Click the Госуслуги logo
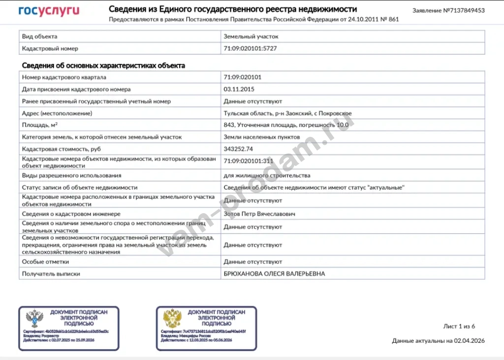49,11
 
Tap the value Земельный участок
251,36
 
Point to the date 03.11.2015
239,89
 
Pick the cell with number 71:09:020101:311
249,161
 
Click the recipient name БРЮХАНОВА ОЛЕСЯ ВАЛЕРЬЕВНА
274,274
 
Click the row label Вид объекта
40,36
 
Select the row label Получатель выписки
51,274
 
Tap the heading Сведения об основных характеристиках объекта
103,65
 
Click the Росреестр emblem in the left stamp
35,319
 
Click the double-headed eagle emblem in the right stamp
173,319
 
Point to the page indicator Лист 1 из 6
459,326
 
